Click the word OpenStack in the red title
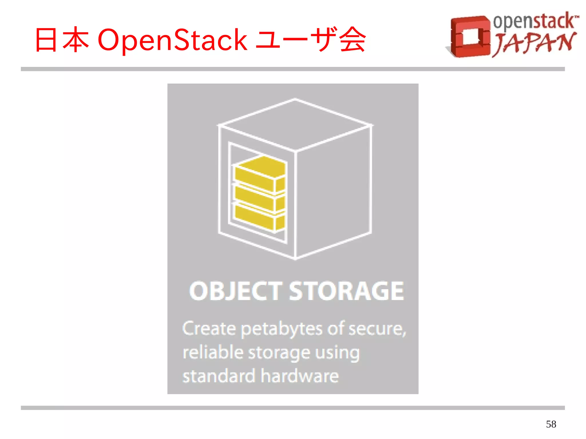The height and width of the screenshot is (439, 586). [172, 40]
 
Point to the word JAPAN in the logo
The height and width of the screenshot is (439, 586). [534, 43]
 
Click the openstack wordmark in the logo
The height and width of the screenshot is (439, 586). [534, 21]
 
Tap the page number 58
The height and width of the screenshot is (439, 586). [551, 424]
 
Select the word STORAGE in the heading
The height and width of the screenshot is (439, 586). [346, 291]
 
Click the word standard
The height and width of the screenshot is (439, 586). [219, 376]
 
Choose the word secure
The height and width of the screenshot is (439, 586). [376, 329]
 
